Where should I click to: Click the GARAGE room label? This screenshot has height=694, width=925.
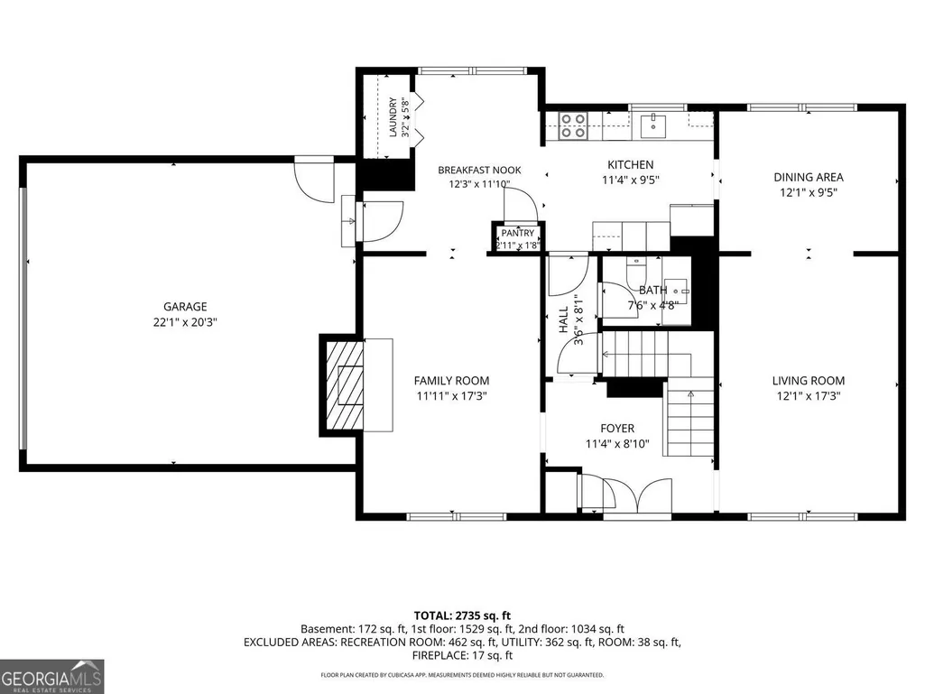coord(185,306)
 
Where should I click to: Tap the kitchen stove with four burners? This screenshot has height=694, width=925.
coord(573,125)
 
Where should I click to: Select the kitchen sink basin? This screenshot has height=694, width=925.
coord(653,126)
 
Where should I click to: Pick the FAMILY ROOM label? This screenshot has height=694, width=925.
coord(451,381)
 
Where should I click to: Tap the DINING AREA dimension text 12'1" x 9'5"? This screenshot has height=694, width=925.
coord(809,192)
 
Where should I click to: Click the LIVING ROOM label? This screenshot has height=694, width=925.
coord(809,381)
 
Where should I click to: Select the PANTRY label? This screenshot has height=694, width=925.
coord(518,233)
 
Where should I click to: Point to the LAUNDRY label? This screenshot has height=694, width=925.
coord(393,117)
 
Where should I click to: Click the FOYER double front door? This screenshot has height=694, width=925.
coord(637,495)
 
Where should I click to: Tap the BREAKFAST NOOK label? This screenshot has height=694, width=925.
coord(479,170)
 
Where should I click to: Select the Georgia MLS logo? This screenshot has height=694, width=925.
coord(52,676)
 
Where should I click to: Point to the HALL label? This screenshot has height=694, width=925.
coord(563,319)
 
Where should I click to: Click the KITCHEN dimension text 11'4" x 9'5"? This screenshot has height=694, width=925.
coord(631,180)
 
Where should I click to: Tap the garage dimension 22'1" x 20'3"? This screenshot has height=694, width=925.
coord(185,322)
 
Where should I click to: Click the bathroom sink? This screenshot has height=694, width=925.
coord(675,291)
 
